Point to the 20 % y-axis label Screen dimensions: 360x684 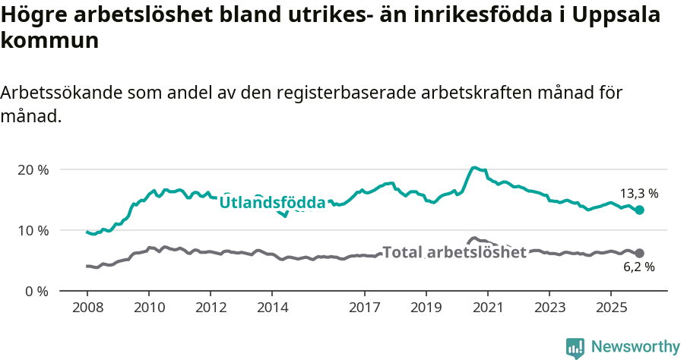tap(33, 169)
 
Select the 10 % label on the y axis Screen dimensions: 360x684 tap(33, 230)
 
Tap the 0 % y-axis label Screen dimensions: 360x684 tap(36, 291)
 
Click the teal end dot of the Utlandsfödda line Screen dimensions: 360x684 tap(640, 210)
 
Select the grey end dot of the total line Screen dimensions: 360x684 tap(640, 253)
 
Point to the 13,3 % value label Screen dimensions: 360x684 tap(638, 194)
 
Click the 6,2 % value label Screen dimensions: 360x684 tap(638, 267)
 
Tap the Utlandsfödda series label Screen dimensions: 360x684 tap(273, 203)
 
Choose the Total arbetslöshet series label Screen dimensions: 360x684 tap(454, 252)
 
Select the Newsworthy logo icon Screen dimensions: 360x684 tap(575, 348)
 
